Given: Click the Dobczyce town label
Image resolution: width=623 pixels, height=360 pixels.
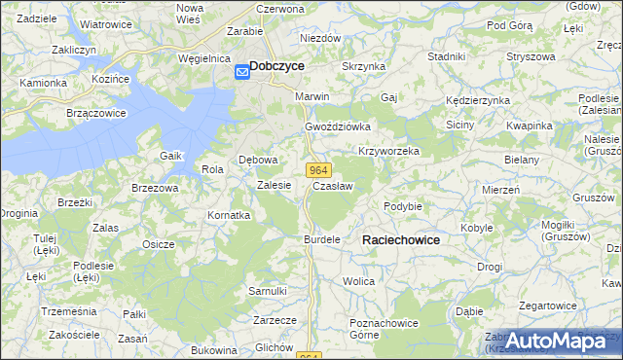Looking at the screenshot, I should [276, 65].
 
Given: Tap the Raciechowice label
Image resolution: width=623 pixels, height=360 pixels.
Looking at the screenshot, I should [400, 239].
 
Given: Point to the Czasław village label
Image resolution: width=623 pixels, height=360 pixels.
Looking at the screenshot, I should [333, 185].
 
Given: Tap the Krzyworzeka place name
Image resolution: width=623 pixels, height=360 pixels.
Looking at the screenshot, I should [388, 152].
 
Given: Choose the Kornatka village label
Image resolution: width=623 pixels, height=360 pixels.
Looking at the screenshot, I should [229, 215].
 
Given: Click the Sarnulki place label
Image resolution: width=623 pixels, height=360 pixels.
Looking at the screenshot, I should [268, 291].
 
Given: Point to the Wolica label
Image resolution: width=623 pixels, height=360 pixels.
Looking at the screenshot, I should [359, 281].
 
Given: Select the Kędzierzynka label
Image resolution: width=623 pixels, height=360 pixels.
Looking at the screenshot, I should [477, 100].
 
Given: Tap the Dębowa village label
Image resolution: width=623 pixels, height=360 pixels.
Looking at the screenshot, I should [259, 160].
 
